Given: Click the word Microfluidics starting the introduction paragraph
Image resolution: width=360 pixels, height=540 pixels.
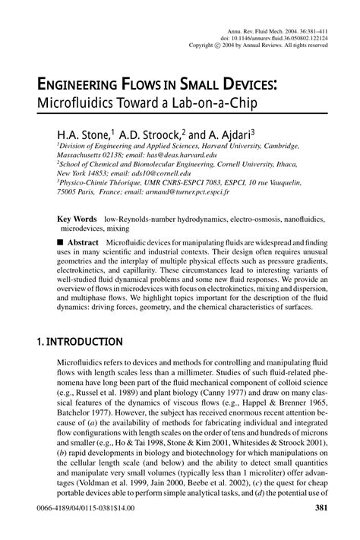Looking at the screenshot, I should [83, 366].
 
